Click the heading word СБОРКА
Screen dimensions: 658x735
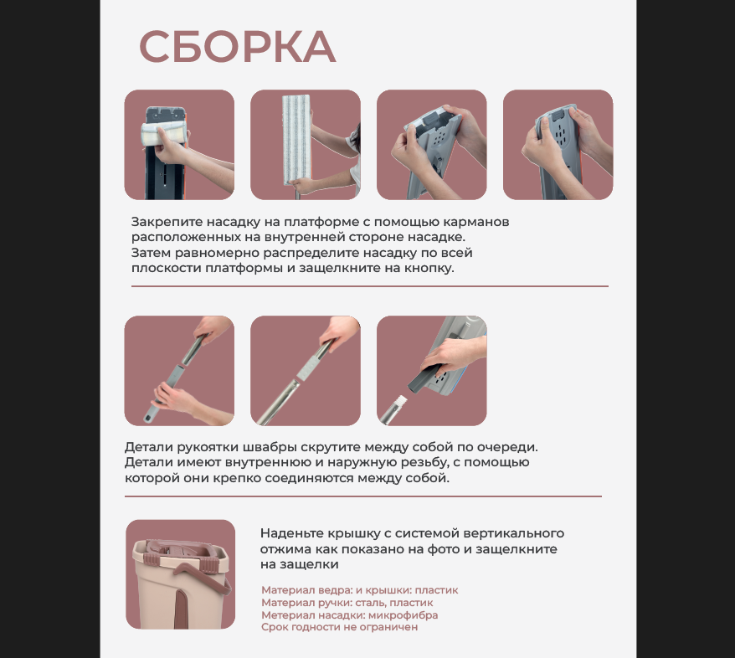pos(237,48)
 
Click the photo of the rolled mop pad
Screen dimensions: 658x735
pos(179,145)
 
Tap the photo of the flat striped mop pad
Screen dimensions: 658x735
pos(306,145)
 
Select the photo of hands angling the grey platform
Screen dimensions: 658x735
pos(432,145)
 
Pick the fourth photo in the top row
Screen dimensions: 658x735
pos(558,145)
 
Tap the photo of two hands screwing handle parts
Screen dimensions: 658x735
pos(179,371)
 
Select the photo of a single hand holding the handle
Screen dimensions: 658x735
pos(306,371)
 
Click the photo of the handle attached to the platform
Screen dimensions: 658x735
pos(432,371)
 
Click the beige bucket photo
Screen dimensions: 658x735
pos(180,574)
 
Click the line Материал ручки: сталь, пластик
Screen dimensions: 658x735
pos(347,603)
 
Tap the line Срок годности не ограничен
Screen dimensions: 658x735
pos(339,627)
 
